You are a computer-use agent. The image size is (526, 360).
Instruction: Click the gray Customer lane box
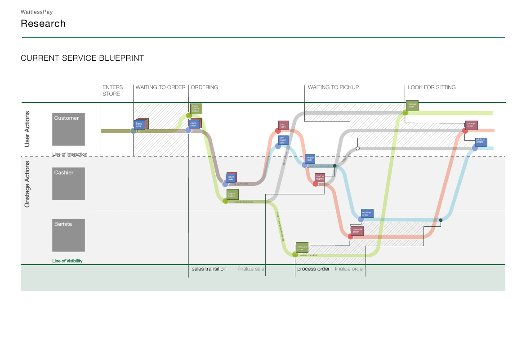point(68,129)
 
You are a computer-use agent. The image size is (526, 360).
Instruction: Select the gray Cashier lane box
point(68,184)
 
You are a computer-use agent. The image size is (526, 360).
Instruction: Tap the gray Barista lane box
point(68,235)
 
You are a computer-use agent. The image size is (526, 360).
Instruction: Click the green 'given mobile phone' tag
point(196,108)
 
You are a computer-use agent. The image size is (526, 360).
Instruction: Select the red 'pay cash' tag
point(283,126)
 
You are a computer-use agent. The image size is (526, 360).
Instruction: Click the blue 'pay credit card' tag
point(283,140)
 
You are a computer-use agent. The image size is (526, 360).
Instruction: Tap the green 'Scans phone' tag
point(232,195)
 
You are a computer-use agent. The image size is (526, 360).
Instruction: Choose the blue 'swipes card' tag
point(310,159)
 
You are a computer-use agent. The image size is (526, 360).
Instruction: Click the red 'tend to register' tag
point(320,178)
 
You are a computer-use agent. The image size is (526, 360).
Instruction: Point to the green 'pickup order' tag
point(412,106)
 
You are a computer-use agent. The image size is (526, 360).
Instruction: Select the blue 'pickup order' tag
point(481,141)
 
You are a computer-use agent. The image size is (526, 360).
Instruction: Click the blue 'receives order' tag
point(367,214)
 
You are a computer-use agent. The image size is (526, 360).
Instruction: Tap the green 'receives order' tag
point(302,247)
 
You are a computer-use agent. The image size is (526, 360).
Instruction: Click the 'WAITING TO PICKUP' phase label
point(333,87)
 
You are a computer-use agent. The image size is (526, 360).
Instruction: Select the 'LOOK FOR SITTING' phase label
point(432,87)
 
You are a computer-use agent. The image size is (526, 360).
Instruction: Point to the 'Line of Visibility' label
point(67,261)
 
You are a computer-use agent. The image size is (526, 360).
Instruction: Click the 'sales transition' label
point(209,269)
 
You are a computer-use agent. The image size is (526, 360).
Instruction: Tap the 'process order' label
point(313,269)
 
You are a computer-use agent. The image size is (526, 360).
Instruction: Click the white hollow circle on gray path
point(357,148)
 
